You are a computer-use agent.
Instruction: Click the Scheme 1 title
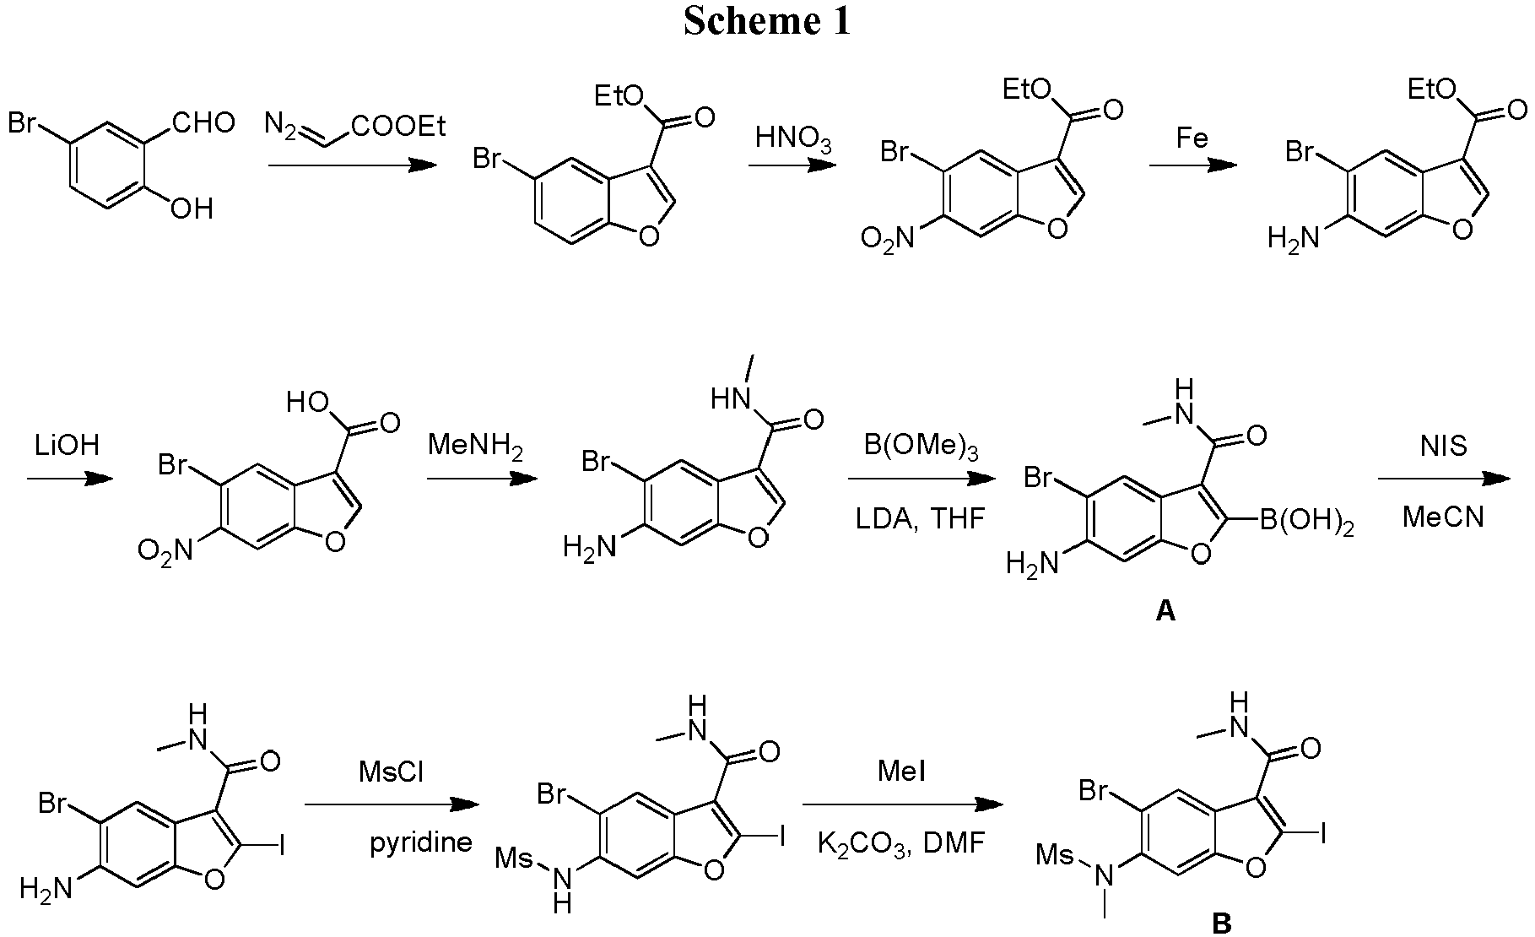click(767, 22)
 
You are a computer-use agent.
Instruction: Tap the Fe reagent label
click(1192, 138)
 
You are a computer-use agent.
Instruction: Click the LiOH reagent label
click(67, 444)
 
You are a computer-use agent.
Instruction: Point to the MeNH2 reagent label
click(475, 445)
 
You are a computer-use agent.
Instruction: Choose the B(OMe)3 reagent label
click(920, 445)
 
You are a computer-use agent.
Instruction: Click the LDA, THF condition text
click(920, 517)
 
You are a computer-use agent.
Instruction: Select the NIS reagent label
click(1443, 445)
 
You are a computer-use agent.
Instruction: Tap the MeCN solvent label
click(1443, 516)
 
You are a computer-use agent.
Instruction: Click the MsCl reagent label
click(391, 772)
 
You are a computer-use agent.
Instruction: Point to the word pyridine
click(421, 842)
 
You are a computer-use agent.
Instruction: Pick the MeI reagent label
click(902, 772)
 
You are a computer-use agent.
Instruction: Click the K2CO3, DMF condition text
click(901, 842)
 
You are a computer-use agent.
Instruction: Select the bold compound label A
click(1165, 611)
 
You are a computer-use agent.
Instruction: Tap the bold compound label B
click(1221, 923)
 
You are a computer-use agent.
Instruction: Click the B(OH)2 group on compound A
click(1306, 525)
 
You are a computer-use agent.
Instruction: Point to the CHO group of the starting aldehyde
click(203, 124)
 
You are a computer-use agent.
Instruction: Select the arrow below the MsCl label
click(392, 804)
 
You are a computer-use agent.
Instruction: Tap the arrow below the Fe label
click(1192, 165)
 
